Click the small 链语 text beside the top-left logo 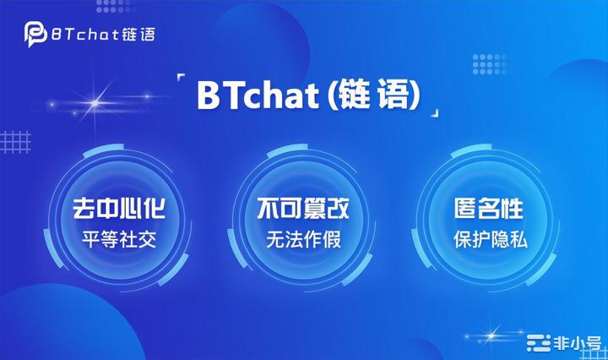pyautogui.click(x=138, y=35)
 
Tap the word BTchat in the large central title pyautogui.click(x=258, y=95)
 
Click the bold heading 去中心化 pyautogui.click(x=119, y=209)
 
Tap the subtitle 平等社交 pyautogui.click(x=119, y=239)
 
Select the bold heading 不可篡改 pyautogui.click(x=303, y=209)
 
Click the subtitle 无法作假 pyautogui.click(x=304, y=239)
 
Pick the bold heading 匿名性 pyautogui.click(x=489, y=209)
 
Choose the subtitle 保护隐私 pyautogui.click(x=490, y=239)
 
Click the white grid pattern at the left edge pyautogui.click(x=15, y=142)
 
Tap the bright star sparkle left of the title pyautogui.click(x=95, y=103)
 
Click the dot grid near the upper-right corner pyautogui.click(x=489, y=64)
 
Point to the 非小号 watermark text pyautogui.click(x=578, y=343)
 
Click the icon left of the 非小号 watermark pyautogui.click(x=539, y=343)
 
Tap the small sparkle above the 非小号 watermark pyautogui.click(x=491, y=335)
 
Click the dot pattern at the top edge pyautogui.click(x=113, y=5)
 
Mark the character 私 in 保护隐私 pyautogui.click(x=518, y=240)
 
